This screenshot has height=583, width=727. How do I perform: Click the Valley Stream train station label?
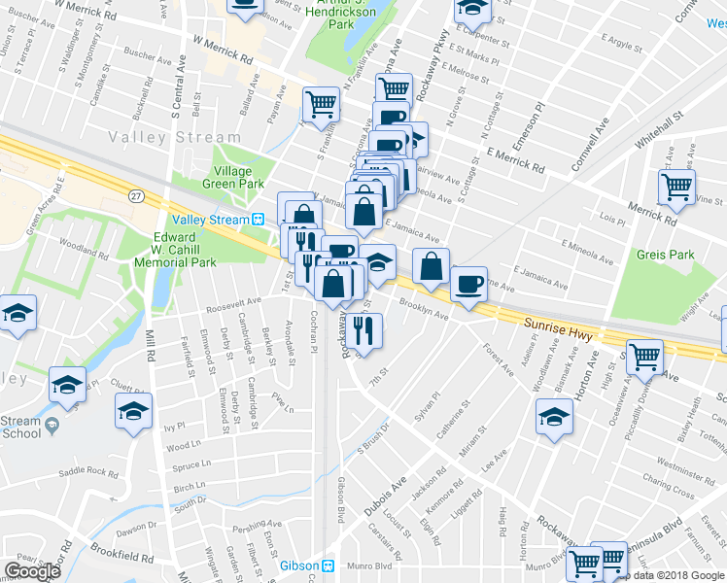(x=211, y=220)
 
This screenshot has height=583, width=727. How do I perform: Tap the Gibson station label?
(x=298, y=566)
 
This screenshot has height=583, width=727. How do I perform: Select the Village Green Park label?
(x=232, y=177)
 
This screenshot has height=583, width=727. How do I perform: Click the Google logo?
(x=32, y=571)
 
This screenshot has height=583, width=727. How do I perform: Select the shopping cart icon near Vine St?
(x=676, y=185)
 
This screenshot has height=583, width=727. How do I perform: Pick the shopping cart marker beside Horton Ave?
(x=643, y=357)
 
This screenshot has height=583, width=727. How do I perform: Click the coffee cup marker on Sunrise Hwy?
(x=469, y=284)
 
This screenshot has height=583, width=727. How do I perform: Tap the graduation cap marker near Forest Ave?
(x=554, y=417)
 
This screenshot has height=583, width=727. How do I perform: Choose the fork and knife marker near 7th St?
(x=364, y=330)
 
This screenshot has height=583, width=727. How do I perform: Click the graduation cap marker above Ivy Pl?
(x=133, y=410)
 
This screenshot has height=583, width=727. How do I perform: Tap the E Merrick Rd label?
(x=515, y=160)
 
